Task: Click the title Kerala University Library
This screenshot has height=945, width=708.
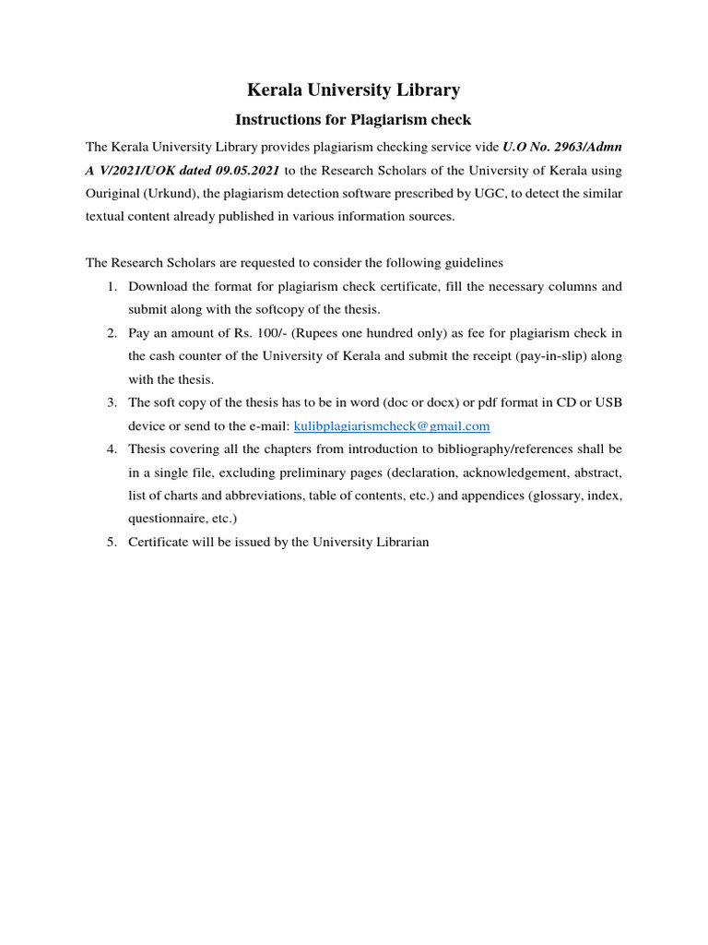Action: point(354,90)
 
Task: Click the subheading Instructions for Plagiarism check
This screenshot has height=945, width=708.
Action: point(354,120)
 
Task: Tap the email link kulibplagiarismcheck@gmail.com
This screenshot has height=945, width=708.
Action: point(392,426)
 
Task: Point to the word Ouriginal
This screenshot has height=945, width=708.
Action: point(114,194)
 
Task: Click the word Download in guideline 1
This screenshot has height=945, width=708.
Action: point(159,287)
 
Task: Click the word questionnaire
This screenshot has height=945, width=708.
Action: point(169,519)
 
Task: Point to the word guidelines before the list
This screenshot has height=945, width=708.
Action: point(471,263)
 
